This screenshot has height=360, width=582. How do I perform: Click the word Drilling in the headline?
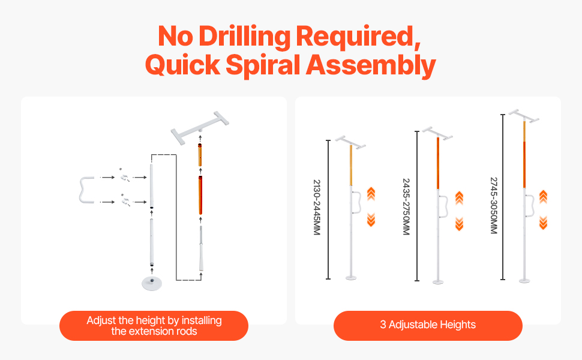tap(245, 37)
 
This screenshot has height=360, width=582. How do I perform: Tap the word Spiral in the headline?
tap(262, 65)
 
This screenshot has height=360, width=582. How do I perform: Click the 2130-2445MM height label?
tap(316, 207)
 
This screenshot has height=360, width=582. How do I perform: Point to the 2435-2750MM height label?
tap(406, 206)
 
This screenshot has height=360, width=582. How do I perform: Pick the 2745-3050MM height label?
tap(494, 205)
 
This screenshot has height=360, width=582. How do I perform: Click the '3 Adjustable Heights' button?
tap(428, 325)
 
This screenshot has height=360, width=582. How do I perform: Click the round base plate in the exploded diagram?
tap(152, 283)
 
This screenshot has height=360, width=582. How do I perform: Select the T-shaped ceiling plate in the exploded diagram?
tap(200, 128)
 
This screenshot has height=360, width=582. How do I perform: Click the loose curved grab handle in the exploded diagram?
tap(86, 190)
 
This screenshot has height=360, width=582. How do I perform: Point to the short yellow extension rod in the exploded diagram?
tap(200, 155)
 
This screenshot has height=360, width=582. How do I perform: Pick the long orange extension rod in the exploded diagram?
tap(200, 195)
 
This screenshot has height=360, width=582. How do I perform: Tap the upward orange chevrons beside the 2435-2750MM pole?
tap(459, 198)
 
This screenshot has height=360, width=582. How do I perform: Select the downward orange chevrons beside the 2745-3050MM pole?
tap(544, 223)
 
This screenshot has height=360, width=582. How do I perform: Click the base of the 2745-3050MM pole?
tap(524, 281)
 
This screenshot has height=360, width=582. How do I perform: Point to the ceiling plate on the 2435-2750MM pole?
tap(437, 133)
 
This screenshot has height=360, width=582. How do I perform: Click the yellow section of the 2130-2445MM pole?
tap(351, 165)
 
